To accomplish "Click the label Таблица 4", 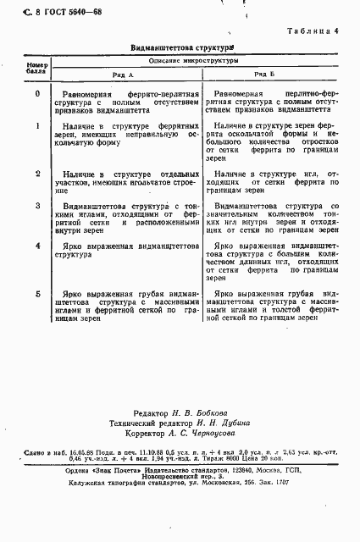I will point(313,31).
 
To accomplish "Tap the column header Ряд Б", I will point(263,74).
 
